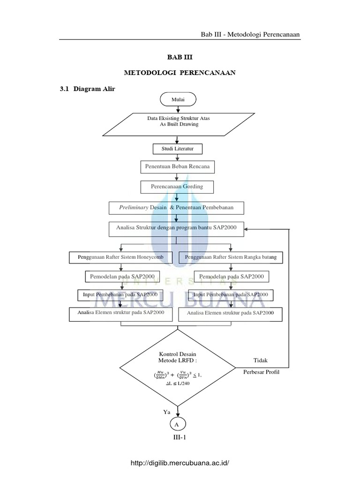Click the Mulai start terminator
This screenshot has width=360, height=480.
(178, 99)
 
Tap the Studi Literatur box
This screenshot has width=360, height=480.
(178, 150)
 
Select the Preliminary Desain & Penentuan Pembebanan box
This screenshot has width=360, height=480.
(176, 207)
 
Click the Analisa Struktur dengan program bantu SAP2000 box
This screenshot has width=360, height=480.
(176, 228)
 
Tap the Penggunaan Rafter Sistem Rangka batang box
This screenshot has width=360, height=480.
(231, 257)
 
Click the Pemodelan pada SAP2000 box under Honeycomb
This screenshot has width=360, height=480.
(123, 276)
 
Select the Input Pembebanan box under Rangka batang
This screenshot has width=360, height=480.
(231, 294)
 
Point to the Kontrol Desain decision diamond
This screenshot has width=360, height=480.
(178, 367)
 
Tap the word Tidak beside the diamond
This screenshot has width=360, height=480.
(262, 360)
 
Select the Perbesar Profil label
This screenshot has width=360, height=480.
(261, 371)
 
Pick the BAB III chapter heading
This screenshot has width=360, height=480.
(180, 57)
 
